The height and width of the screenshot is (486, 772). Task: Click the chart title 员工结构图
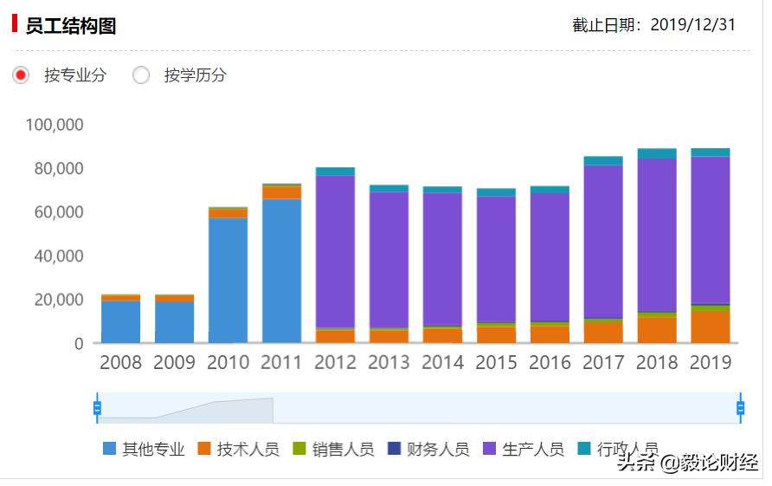pyautogui.click(x=71, y=25)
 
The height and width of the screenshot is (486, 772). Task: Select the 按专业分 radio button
pyautogui.click(x=22, y=75)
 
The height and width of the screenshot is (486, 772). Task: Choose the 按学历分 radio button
pyautogui.click(x=141, y=75)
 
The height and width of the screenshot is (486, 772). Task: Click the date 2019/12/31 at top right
pyautogui.click(x=692, y=25)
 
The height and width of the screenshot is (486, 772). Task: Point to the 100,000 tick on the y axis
pyautogui.click(x=55, y=125)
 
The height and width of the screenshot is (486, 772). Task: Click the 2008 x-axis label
pyautogui.click(x=120, y=362)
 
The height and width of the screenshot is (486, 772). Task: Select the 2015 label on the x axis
pyautogui.click(x=496, y=362)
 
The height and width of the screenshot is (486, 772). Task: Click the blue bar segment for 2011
pyautogui.click(x=281, y=270)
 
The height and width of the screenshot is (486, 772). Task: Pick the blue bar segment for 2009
pyautogui.click(x=174, y=321)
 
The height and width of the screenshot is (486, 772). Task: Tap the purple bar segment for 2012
pyautogui.click(x=335, y=251)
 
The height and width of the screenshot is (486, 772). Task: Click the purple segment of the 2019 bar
pyautogui.click(x=710, y=230)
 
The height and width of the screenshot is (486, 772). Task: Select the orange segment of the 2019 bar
pyautogui.click(x=710, y=327)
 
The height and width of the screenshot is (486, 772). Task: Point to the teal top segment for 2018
pyautogui.click(x=657, y=153)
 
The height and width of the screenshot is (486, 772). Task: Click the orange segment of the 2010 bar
pyautogui.click(x=228, y=213)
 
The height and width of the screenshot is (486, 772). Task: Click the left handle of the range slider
pyautogui.click(x=97, y=407)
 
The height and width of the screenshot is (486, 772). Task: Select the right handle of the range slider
pyautogui.click(x=740, y=407)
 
